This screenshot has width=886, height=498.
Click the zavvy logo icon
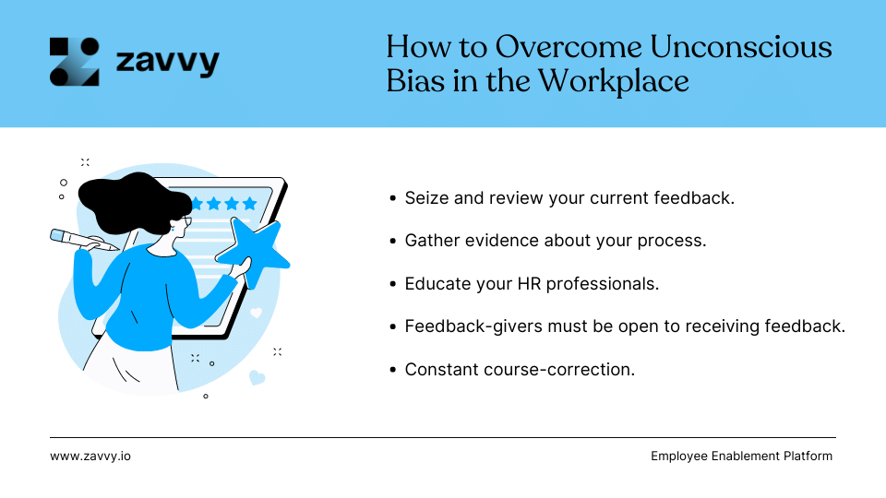coord(74,62)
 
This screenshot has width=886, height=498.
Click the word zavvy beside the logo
coord(167,63)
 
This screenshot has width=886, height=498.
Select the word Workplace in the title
coord(614,80)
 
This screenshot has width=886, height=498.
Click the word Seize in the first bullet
coord(425,198)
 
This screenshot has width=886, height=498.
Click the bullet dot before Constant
coord(394,370)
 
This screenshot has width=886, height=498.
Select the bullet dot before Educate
coord(394,284)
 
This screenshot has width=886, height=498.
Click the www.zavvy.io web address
coord(90,456)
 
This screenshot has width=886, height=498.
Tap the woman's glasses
coord(187,221)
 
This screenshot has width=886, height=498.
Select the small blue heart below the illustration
coord(257,377)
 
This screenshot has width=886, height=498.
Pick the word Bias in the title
coord(410,80)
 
